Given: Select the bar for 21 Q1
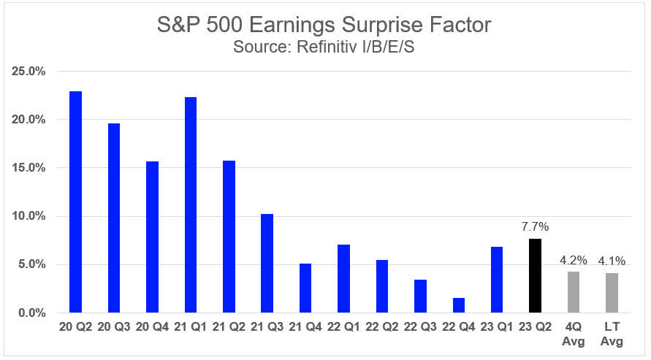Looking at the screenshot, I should pos(190,205).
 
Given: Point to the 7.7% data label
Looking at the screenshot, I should pos(536,227).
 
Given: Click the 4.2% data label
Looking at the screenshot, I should pos(574,260).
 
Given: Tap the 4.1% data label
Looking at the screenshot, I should pos(612,261).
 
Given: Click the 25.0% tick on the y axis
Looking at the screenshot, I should pos(29,72).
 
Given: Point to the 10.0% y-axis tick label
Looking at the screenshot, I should pos(29,216).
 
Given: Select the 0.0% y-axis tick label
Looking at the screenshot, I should pos(32,313).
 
